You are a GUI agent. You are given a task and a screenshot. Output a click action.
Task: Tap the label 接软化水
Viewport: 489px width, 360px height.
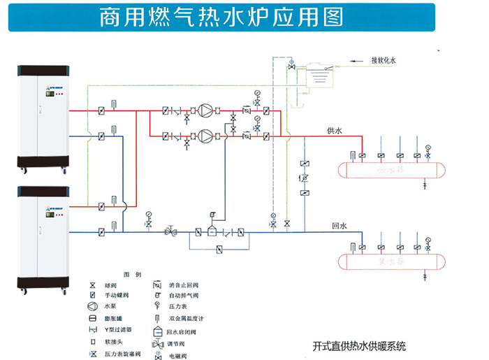point(384,62)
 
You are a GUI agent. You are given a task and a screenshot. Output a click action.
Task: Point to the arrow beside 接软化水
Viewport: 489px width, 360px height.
point(356,62)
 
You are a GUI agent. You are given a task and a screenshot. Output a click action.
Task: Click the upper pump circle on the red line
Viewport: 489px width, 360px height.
point(207,110)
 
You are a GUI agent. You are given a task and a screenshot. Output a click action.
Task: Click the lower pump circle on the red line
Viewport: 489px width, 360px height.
point(207,136)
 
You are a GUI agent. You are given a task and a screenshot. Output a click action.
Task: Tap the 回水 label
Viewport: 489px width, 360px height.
point(340,226)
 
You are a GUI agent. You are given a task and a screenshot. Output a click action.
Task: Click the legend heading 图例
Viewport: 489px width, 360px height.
point(132,274)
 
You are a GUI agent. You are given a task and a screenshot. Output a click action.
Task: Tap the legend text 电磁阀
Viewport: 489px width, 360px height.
point(175,356)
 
